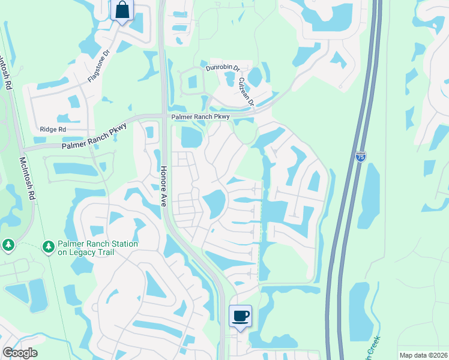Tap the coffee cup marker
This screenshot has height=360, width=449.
(240, 316)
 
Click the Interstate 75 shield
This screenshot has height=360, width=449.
(360, 157)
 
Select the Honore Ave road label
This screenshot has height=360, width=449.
(163, 187)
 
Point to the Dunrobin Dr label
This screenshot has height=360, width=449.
(223, 69)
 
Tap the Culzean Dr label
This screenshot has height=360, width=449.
(247, 91)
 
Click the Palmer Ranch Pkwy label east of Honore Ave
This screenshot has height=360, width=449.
(200, 116)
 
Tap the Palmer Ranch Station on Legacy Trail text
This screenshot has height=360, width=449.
(98, 248)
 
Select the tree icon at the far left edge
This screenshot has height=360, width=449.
(8, 245)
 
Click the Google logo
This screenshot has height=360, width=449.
(20, 353)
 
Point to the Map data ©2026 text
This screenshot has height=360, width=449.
(423, 355)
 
